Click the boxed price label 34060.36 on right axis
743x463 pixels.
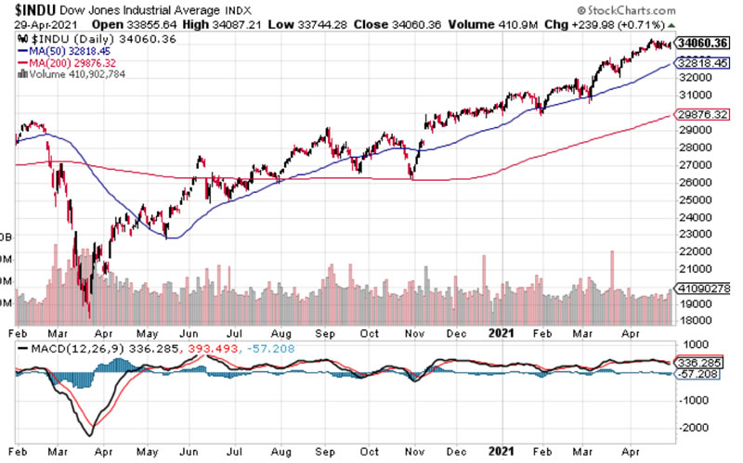pyautogui.click(x=703, y=43)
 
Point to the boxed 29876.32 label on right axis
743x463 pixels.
pyautogui.click(x=703, y=115)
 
